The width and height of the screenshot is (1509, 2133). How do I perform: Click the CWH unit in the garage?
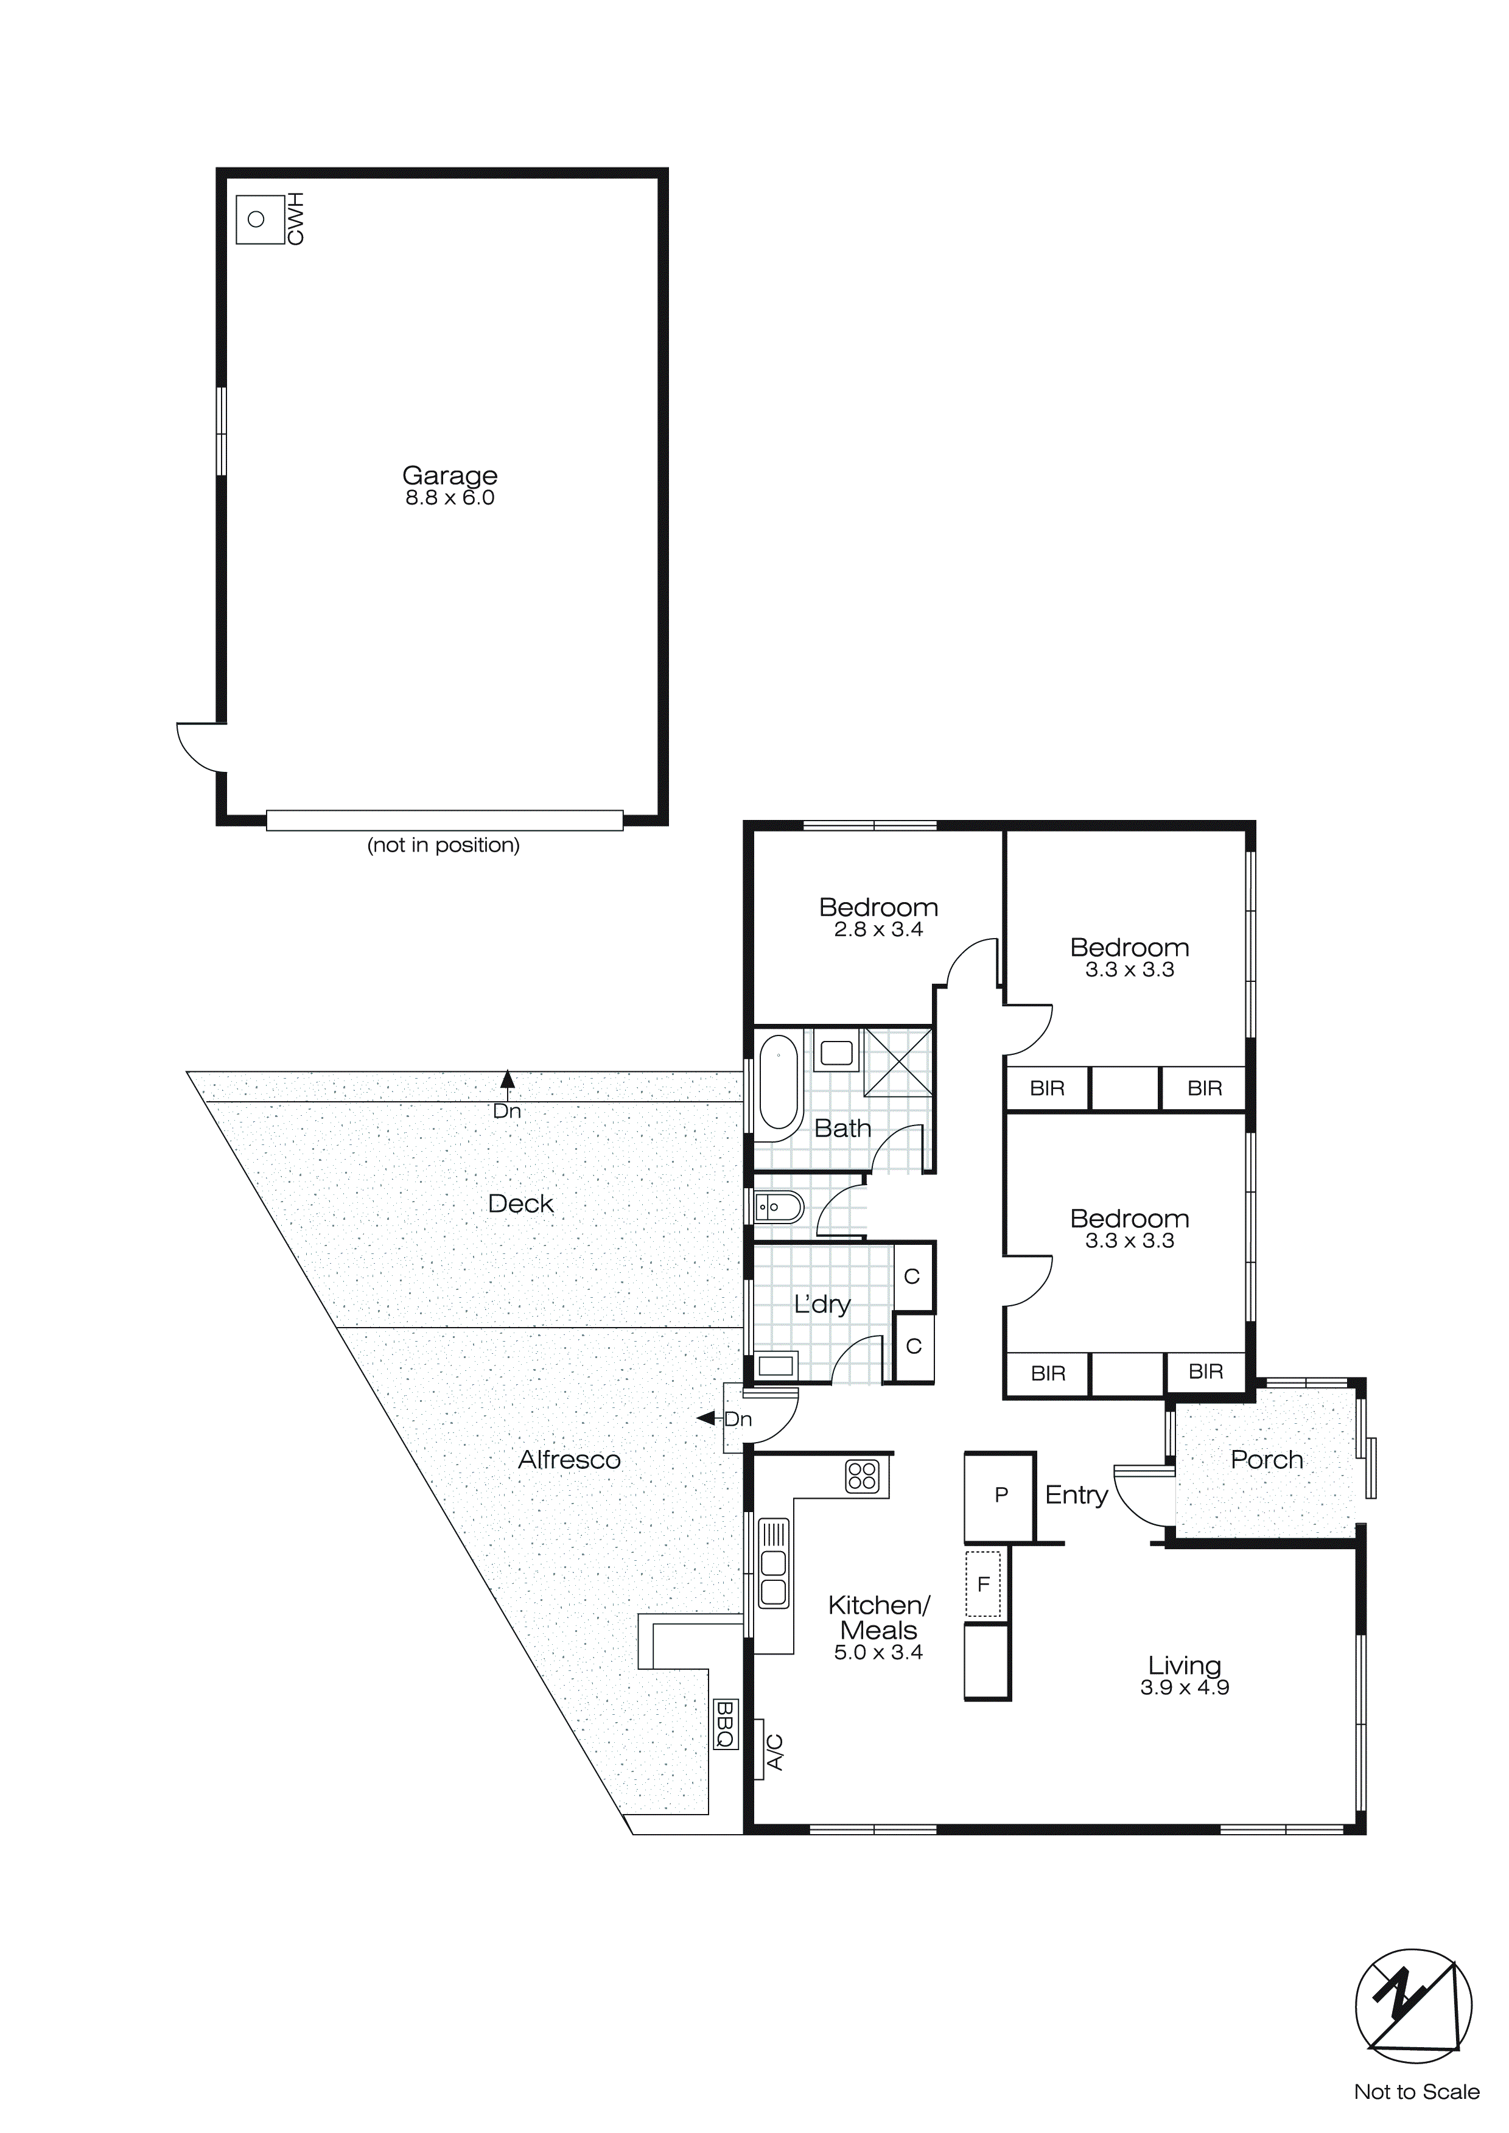coord(259,219)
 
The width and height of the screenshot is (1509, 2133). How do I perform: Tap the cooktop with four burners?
coord(863,1476)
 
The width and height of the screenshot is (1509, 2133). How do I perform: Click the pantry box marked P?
coord(1000,1496)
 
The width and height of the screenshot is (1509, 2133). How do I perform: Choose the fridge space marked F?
coord(983,1584)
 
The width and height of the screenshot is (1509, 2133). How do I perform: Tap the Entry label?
coord(1076,1495)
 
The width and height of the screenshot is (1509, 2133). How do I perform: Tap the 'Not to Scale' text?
coord(1416,2092)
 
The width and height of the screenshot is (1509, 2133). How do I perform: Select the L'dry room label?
coord(821,1305)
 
